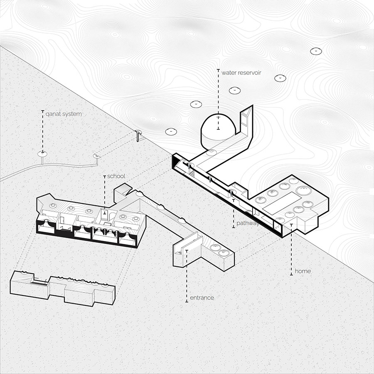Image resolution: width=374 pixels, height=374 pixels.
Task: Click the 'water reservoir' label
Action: coord(241,72)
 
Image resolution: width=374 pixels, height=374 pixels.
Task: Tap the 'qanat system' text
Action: coord(64,114)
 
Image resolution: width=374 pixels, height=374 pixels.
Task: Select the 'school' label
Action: coord(116,176)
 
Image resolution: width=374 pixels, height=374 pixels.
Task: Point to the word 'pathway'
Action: coord(248,223)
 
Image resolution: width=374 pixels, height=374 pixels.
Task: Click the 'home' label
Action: coord(303,271)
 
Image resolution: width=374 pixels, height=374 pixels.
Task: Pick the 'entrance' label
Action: coord(202,298)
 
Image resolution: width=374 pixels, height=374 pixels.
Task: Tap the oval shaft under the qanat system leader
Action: coord(43,154)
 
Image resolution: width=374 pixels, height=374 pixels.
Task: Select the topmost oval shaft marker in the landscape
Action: coord(316,51)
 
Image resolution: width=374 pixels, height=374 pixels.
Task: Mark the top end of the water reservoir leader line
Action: coord(218,70)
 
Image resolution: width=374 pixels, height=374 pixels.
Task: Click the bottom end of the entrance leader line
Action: coord(187,302)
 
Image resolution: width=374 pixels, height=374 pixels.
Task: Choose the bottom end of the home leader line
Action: coord(291,275)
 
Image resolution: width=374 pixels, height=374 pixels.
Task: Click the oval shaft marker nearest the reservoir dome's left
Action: coord(171,131)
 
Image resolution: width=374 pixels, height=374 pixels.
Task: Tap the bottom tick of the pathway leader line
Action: coord(234,228)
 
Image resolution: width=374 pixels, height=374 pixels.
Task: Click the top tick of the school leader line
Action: coord(104,176)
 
